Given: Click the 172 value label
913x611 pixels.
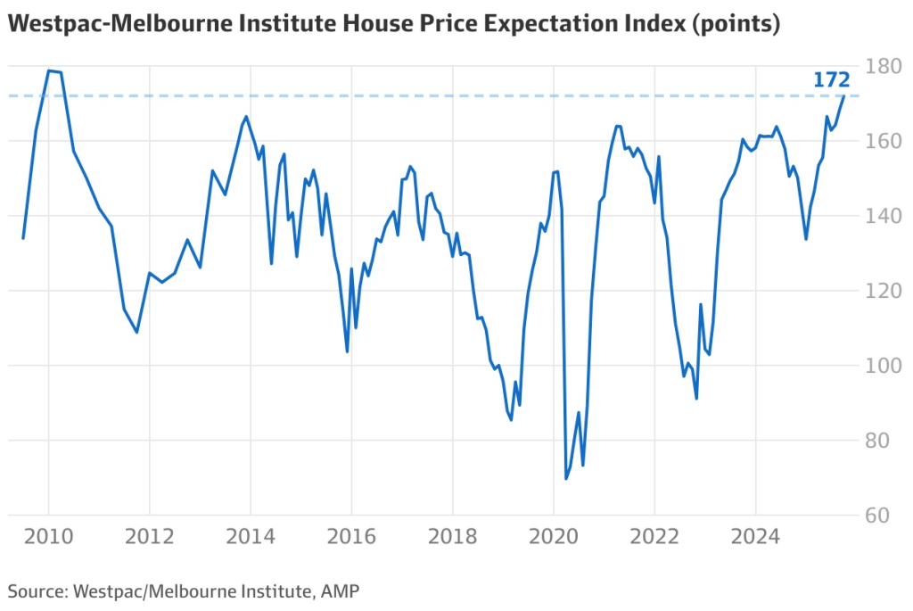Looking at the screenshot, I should [831, 80].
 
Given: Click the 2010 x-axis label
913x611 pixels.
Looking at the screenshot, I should [48, 537].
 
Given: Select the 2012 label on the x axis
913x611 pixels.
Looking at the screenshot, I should [149, 537].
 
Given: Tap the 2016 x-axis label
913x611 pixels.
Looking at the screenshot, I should [351, 537].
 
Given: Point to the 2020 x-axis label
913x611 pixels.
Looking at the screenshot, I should [553, 537].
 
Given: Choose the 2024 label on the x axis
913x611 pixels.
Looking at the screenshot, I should [755, 537].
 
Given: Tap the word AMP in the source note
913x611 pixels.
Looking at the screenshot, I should [341, 590].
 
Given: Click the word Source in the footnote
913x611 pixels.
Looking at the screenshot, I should [37, 590].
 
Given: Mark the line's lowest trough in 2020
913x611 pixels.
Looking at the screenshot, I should [566, 479].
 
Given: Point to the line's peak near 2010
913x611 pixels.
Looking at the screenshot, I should [49, 70].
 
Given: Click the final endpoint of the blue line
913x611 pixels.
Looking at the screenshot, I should [844, 96].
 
